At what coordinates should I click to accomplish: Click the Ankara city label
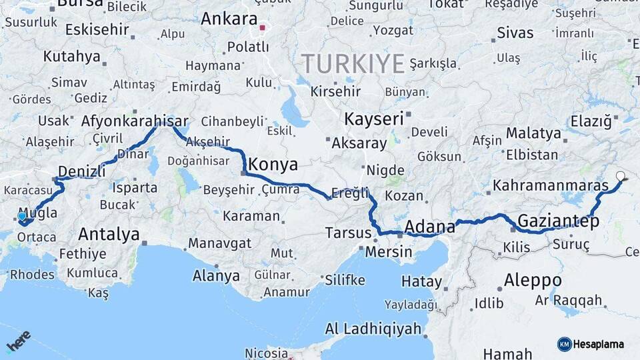click(x=229, y=19)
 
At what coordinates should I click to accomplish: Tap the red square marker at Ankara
click(x=263, y=28)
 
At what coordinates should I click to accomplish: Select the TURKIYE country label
click(x=353, y=64)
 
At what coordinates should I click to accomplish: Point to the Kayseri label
click(x=374, y=119)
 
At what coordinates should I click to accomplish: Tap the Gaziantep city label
click(x=558, y=220)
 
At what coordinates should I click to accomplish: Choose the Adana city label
click(x=429, y=227)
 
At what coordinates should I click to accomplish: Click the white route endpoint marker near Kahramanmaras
click(x=621, y=177)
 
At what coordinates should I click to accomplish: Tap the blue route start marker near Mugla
click(x=22, y=216)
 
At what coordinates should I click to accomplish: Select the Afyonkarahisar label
click(x=134, y=122)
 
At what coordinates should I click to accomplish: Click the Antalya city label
click(x=109, y=234)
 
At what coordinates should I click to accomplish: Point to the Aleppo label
click(x=533, y=279)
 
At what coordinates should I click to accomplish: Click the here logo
click(x=18, y=341)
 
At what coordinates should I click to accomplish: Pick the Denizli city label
click(x=81, y=171)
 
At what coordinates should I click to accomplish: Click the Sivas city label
click(x=515, y=33)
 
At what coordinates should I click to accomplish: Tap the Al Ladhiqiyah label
click(x=373, y=328)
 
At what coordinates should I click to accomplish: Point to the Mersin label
click(x=389, y=252)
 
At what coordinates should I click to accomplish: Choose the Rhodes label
click(x=32, y=274)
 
